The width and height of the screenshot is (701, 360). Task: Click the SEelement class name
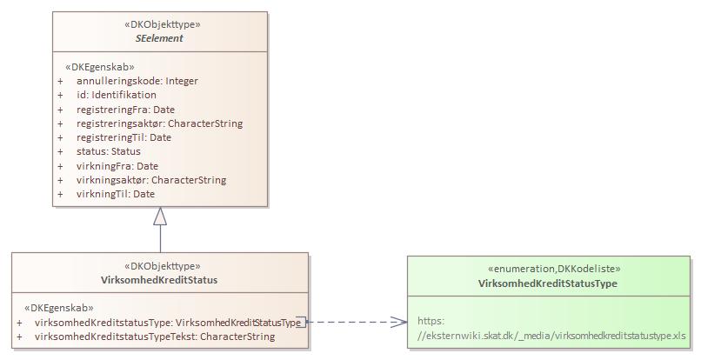(x=159, y=39)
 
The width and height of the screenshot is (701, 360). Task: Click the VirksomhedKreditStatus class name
(x=159, y=280)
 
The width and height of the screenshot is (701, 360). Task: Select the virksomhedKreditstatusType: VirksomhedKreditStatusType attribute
(x=167, y=323)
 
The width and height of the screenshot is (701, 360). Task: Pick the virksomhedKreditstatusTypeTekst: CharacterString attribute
(x=154, y=337)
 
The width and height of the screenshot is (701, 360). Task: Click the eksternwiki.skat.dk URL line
(x=551, y=335)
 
